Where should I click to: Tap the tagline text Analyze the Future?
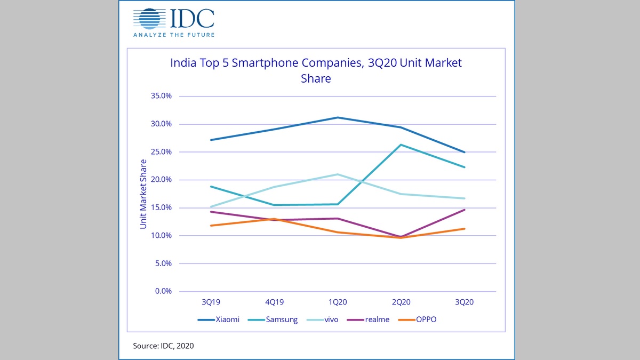tap(173, 35)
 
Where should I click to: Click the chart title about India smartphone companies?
tap(316, 70)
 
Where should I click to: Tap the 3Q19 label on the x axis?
tap(211, 302)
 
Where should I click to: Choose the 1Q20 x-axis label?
tap(338, 302)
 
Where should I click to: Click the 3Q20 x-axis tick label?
tap(464, 302)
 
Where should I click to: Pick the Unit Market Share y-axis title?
tap(143, 194)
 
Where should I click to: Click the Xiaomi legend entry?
tap(218, 319)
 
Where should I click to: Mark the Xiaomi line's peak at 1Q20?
tap(338, 117)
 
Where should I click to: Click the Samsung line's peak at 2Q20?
tap(401, 145)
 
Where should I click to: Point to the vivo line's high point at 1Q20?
tap(338, 174)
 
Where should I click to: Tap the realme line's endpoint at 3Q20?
tap(464, 210)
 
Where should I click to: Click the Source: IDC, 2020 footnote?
tap(163, 346)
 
